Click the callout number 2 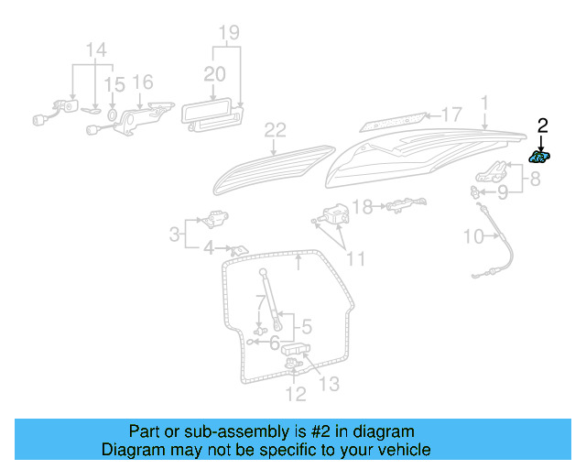pyautogui.click(x=542, y=125)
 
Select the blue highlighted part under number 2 pyautogui.click(x=540, y=158)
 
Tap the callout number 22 pyautogui.click(x=276, y=131)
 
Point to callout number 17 pyautogui.click(x=451, y=115)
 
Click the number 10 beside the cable pyautogui.click(x=472, y=236)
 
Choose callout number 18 pyautogui.click(x=363, y=207)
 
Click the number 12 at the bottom pyautogui.click(x=295, y=395)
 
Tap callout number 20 pyautogui.click(x=214, y=73)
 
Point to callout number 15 pyautogui.click(x=114, y=85)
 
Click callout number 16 pyautogui.click(x=143, y=82)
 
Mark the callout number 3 pyautogui.click(x=175, y=234)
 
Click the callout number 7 pyautogui.click(x=260, y=301)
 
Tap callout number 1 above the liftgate pyautogui.click(x=484, y=102)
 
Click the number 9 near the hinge pyautogui.click(x=503, y=192)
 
